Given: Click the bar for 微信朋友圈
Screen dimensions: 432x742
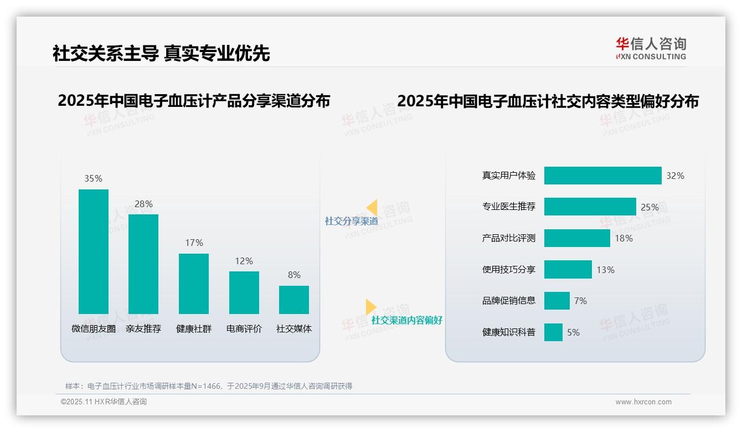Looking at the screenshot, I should point(94,251).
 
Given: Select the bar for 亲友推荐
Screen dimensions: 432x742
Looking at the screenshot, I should point(143,264).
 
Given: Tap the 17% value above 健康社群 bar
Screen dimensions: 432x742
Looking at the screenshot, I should point(194,243).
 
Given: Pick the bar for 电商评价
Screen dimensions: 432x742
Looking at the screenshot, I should point(244,292).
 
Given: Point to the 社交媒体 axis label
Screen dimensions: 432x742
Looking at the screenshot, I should point(294,328).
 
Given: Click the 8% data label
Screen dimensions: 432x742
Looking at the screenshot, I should point(294,275).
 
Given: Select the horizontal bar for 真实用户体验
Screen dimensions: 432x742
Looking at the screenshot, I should point(602,176).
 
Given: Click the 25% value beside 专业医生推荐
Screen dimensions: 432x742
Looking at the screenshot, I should point(650,207).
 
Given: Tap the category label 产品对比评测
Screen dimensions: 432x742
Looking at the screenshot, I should point(508,238).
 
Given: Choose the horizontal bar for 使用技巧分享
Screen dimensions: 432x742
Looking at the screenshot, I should point(568,270).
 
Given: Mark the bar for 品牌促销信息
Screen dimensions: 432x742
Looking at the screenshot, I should point(556,301).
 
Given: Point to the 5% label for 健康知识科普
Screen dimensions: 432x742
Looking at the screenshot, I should point(573,332).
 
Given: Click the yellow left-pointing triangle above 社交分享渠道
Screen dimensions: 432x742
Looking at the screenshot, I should point(372,208).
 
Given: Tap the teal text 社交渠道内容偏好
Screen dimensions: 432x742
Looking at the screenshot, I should point(406,320).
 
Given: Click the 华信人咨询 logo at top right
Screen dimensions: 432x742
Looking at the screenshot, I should point(651,48).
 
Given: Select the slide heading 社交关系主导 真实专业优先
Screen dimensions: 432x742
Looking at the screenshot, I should point(161,53).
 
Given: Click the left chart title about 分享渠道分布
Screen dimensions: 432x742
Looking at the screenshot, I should point(194,101).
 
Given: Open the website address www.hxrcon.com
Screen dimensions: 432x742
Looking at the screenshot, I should point(643,402).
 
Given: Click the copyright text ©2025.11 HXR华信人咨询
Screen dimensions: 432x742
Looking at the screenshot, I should point(104,402).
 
